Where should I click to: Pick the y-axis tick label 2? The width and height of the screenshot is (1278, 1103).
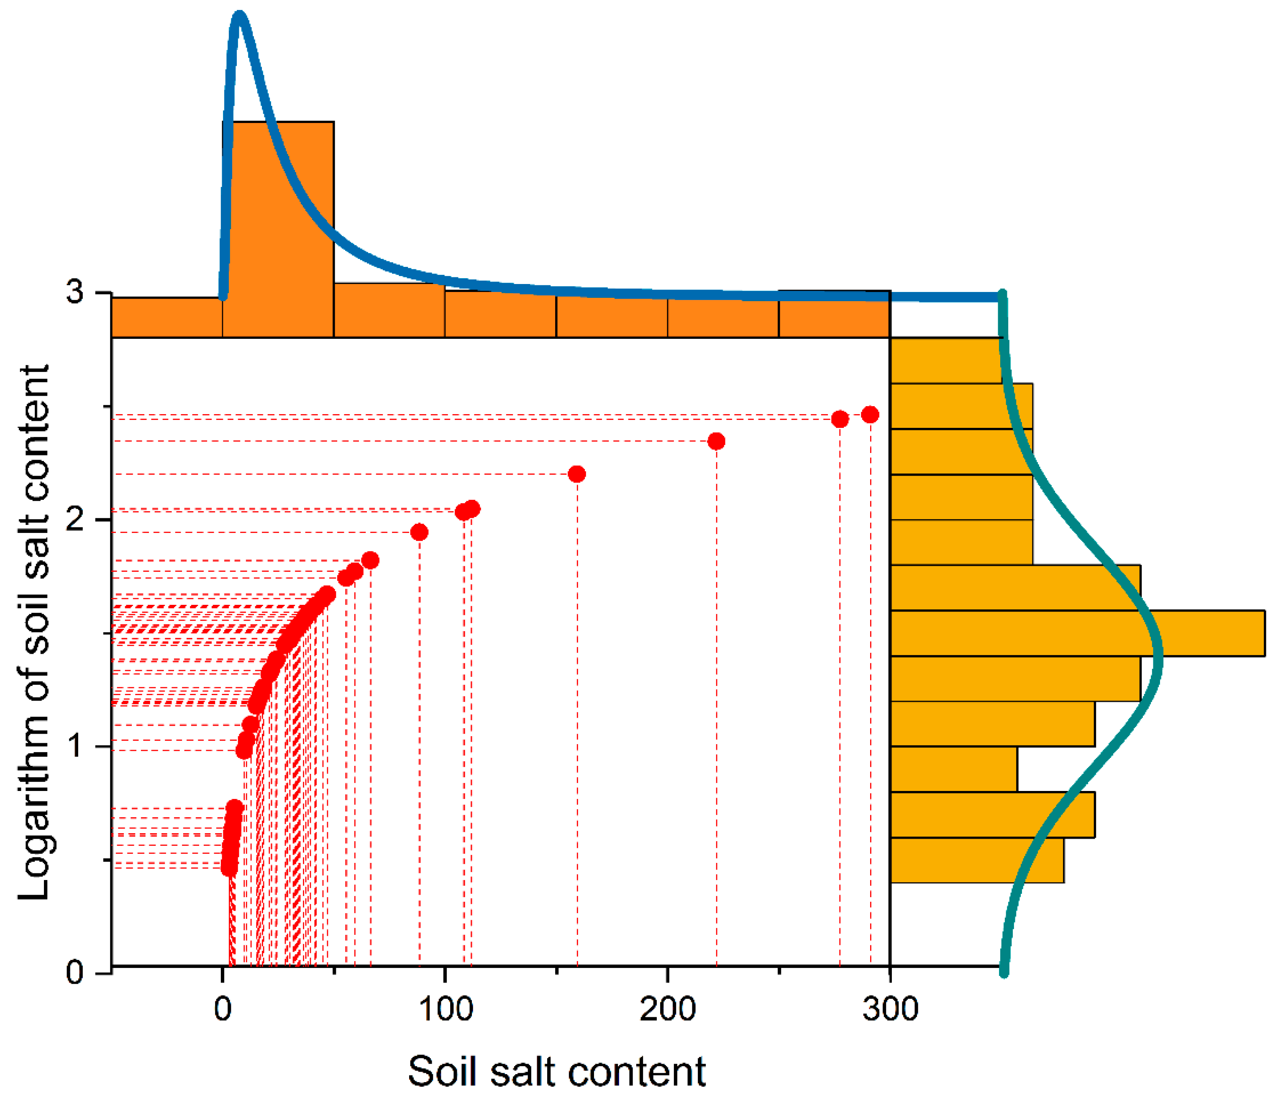pyautogui.click(x=74, y=520)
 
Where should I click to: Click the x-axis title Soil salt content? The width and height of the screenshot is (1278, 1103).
pyautogui.click(x=556, y=1072)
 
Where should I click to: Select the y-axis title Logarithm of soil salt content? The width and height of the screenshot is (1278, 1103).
pyautogui.click(x=34, y=632)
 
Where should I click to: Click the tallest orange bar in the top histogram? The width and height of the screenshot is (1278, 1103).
pyautogui.click(x=278, y=230)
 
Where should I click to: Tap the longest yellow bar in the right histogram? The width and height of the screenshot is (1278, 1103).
pyautogui.click(x=1077, y=633)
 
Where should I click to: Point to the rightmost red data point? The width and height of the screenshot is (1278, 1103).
pyautogui.click(x=870, y=415)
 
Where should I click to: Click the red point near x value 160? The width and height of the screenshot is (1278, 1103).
pyautogui.click(x=577, y=474)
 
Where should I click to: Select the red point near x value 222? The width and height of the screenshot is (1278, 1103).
pyautogui.click(x=716, y=441)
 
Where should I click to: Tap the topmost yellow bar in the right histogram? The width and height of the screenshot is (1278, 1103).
pyautogui.click(x=945, y=360)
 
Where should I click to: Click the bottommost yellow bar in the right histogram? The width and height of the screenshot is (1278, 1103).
pyautogui.click(x=977, y=860)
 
